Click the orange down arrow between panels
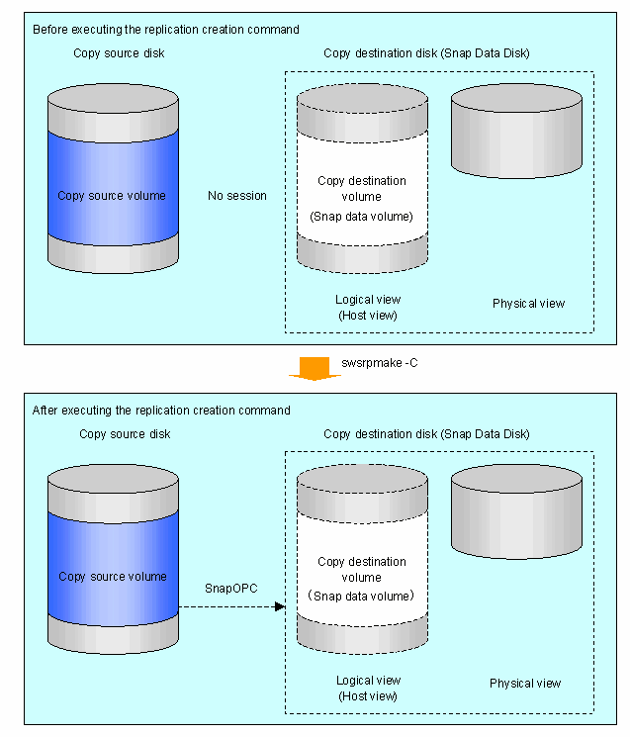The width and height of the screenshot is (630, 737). [x=315, y=368]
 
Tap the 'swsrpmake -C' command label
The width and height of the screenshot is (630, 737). [x=380, y=363]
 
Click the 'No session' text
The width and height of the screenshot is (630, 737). [x=237, y=196]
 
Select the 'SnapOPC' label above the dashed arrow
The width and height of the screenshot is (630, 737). [x=231, y=589]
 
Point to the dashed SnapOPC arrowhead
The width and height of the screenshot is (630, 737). [x=280, y=606]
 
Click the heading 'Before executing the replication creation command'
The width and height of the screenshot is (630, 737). [x=166, y=30]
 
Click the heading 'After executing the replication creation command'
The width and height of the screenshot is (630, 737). [x=161, y=411]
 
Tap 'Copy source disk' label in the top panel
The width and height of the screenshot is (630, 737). [x=119, y=53]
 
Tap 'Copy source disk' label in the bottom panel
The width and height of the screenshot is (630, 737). [x=125, y=434]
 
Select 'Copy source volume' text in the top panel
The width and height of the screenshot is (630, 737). [x=112, y=196]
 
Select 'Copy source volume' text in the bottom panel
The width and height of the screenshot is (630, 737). [x=113, y=577]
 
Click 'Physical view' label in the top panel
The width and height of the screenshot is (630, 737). [x=528, y=304]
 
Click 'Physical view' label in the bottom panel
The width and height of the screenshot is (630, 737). [x=525, y=684]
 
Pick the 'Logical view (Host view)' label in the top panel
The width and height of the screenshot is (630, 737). [x=368, y=308]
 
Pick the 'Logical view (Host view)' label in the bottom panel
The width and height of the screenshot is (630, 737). [x=368, y=689]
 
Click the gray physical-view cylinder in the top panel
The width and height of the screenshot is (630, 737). [x=516, y=132]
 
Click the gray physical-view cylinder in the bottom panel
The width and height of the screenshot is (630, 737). [x=516, y=511]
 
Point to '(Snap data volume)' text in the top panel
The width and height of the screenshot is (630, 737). [x=361, y=217]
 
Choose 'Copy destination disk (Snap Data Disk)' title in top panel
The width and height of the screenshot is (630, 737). [x=426, y=53]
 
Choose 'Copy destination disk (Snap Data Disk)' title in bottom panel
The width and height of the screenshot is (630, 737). [x=426, y=434]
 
